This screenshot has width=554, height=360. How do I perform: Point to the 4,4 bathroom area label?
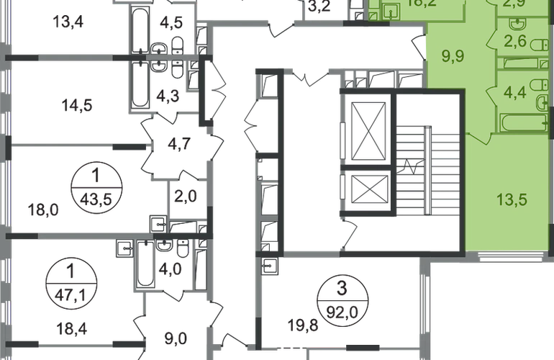[x=514, y=92]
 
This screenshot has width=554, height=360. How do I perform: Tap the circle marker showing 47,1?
[x=70, y=279]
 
